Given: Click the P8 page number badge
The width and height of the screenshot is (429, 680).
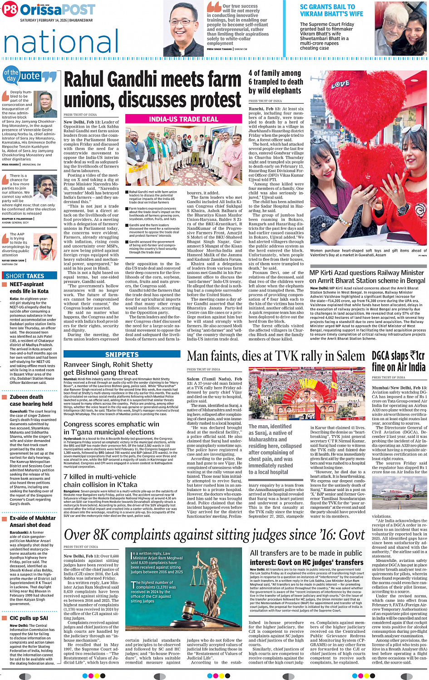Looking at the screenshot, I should pos(10,10).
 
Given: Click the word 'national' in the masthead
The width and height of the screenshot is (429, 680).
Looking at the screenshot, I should pos(61,41).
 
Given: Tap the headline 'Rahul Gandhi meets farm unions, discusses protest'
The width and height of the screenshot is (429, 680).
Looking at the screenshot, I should pos(153,89).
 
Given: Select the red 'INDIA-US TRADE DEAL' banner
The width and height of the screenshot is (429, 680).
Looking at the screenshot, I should pos(183,119).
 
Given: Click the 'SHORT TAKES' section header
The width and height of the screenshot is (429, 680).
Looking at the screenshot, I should pos(25,276).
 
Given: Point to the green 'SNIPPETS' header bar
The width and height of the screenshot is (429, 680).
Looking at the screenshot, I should pos(122,354).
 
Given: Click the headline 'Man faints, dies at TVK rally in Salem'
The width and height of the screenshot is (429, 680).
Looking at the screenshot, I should pos(276,356).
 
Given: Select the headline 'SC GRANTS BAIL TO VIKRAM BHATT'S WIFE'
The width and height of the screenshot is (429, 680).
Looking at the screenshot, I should pos(331,10).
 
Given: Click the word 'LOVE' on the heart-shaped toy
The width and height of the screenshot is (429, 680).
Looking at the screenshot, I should pos(340,84).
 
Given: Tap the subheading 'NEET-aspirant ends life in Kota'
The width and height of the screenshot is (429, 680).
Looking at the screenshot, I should pos(29,288).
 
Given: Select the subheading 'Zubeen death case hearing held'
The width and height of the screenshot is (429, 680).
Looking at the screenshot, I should pos(31,400).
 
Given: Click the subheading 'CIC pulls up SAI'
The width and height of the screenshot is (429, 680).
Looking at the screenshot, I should pos(29,618).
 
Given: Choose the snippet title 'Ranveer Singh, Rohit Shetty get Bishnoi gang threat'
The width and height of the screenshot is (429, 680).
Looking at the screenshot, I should pos(108,368).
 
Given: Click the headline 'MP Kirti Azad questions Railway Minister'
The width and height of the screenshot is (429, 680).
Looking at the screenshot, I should pos(367,277).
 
